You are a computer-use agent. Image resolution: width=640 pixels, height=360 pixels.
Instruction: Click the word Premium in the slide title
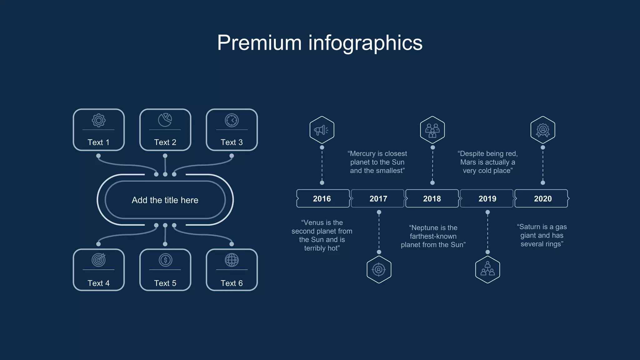(x=259, y=43)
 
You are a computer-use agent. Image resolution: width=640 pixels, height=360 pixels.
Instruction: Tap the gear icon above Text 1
(x=99, y=120)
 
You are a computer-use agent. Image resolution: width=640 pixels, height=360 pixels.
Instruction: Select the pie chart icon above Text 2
(x=165, y=120)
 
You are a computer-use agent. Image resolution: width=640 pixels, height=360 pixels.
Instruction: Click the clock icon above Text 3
(x=232, y=120)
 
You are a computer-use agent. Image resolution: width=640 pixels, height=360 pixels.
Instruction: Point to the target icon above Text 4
(x=99, y=260)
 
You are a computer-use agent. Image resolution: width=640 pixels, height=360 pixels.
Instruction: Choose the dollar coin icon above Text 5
(x=165, y=260)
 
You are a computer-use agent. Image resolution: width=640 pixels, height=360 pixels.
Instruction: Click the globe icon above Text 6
(x=232, y=260)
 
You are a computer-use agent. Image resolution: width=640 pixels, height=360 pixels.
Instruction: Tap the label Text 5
(x=165, y=283)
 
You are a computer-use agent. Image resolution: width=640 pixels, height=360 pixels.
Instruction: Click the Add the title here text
(x=165, y=200)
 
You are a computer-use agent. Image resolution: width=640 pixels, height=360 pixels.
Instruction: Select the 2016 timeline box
(x=323, y=198)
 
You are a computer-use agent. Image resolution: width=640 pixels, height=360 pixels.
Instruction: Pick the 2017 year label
(x=378, y=199)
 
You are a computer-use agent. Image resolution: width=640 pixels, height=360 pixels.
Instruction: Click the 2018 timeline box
(x=432, y=198)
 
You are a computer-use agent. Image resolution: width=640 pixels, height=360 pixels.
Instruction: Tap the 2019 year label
(x=487, y=199)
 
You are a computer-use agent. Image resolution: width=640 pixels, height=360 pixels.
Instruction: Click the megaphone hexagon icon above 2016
(x=322, y=130)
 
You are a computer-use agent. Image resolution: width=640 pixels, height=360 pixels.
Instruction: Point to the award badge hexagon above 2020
(x=543, y=130)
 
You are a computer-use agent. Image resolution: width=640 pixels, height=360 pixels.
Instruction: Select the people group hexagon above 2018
(x=432, y=130)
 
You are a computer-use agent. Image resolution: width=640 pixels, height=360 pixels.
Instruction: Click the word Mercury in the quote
(x=363, y=154)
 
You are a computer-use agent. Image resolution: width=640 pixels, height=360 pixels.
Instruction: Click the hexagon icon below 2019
(x=487, y=269)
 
